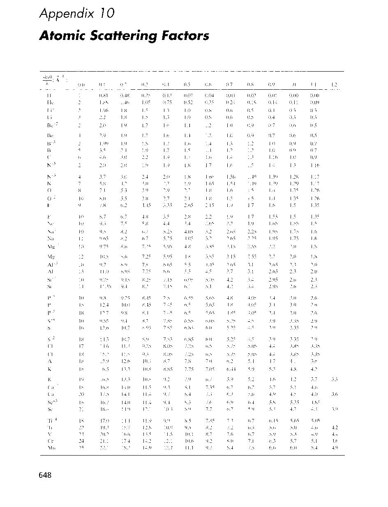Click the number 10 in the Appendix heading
[x=106, y=14]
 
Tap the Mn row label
[x=51, y=448]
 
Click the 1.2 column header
[x=335, y=84]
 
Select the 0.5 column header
[x=187, y=84]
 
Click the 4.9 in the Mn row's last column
[x=335, y=448]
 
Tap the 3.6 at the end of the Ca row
[x=335, y=394]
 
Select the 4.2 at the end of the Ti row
[x=335, y=428]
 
